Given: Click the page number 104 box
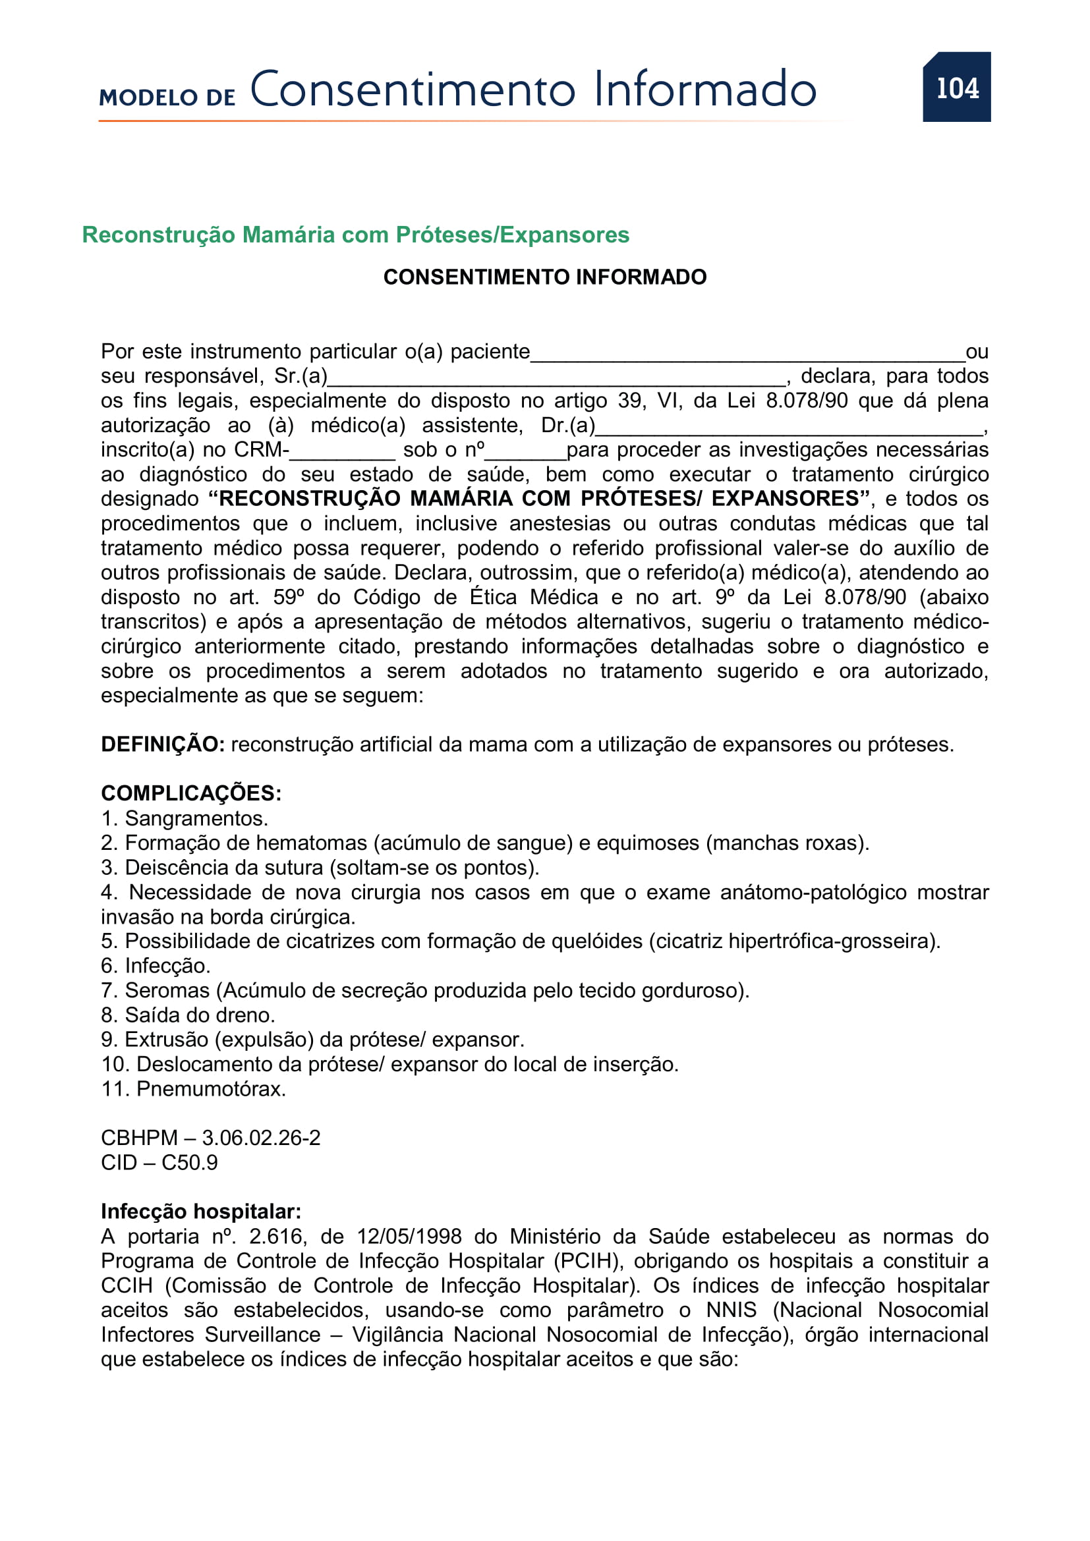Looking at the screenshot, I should (x=956, y=87).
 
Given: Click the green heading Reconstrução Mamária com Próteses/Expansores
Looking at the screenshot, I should (x=355, y=235).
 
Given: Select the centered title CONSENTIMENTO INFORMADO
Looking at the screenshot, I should (x=544, y=277).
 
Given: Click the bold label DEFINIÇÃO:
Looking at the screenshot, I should (x=162, y=744).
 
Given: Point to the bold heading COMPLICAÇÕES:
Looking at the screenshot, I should (x=190, y=793).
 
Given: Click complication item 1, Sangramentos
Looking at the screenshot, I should (x=185, y=819).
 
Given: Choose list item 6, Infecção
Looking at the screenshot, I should (x=156, y=966).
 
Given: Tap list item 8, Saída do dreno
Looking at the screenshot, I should (x=188, y=1015).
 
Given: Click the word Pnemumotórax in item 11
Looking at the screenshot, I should (x=211, y=1088).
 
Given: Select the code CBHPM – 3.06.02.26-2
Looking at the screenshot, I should (x=210, y=1138).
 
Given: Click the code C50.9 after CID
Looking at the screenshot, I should (x=189, y=1162).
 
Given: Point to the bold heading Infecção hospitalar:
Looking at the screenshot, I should (x=201, y=1212).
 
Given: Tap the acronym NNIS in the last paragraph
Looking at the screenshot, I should (x=731, y=1310).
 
